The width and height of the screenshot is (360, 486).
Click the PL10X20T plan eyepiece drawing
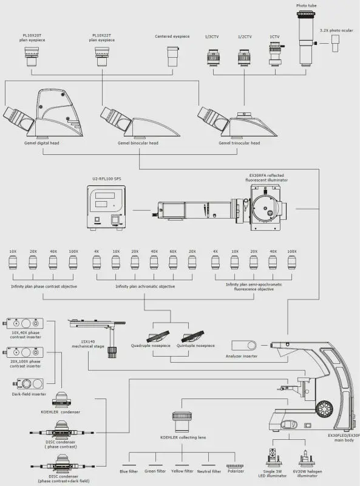click(x=32, y=56)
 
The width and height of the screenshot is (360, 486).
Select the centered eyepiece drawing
click(x=172, y=56)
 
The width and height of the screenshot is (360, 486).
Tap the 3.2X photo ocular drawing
click(x=335, y=43)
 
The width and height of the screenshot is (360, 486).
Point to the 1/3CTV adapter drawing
click(x=213, y=56)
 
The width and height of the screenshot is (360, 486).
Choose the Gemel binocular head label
click(x=138, y=143)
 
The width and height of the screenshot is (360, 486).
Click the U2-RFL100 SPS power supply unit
click(x=106, y=207)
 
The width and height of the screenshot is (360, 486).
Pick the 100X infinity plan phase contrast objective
click(x=73, y=263)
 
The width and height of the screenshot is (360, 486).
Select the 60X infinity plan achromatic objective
click(x=173, y=263)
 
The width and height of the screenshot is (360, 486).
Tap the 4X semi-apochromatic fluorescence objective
click(x=216, y=263)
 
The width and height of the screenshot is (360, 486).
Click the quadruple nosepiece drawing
click(x=158, y=337)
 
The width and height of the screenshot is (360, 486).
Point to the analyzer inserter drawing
click(x=244, y=345)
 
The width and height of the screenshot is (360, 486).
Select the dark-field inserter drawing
click(x=28, y=384)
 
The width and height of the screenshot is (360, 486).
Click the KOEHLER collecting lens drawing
click(x=182, y=422)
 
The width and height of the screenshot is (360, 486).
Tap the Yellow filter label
click(x=182, y=471)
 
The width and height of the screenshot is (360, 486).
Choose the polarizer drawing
click(x=235, y=466)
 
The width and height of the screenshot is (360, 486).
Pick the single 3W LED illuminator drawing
click(x=273, y=457)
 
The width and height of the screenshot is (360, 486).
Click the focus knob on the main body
click(x=324, y=409)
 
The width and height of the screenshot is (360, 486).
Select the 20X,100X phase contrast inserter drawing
click(x=23, y=352)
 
